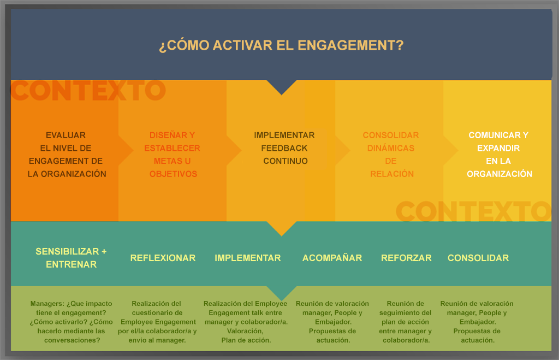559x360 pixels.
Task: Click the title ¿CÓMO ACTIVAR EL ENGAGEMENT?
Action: (x=281, y=45)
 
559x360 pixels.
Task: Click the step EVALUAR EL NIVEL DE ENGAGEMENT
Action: (x=66, y=155)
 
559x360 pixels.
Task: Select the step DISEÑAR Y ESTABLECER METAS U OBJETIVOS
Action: (x=172, y=155)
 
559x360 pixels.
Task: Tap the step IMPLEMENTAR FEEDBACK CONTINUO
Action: (x=284, y=148)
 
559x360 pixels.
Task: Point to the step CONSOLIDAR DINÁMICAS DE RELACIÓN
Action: (x=391, y=155)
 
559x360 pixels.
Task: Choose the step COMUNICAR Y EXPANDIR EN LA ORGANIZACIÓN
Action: (x=498, y=155)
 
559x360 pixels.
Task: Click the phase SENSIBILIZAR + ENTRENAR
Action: (x=71, y=258)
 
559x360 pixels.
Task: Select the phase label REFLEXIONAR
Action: (x=163, y=258)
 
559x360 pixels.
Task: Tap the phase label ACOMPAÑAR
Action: (x=332, y=258)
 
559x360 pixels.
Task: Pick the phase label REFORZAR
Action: (x=406, y=258)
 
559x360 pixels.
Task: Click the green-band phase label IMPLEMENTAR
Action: (x=247, y=258)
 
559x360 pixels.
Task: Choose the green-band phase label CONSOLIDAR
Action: (x=478, y=258)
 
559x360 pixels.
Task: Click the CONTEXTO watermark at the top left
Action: (x=87, y=91)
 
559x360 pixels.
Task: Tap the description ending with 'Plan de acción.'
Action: (x=246, y=322)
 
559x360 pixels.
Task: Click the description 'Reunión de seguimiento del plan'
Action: (x=405, y=322)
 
